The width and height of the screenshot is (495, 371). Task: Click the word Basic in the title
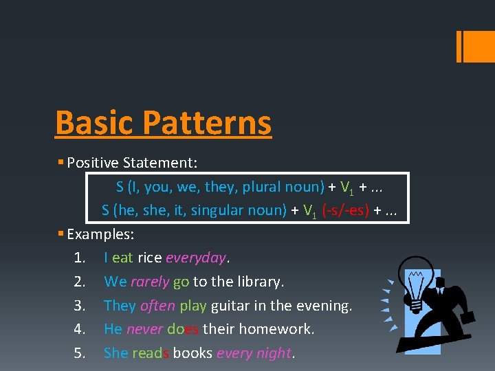coord(95,123)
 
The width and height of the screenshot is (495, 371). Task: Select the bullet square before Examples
coord(60,234)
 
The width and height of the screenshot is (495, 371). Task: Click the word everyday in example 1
coord(196,258)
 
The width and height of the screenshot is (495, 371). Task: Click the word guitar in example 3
coord(230,306)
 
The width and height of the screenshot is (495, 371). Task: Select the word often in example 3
coord(157,306)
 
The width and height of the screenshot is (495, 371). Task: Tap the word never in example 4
coord(144,329)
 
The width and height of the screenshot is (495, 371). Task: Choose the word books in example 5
coord(192,353)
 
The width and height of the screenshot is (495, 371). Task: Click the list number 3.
coord(79,306)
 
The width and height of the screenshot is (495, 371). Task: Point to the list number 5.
coord(79,353)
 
